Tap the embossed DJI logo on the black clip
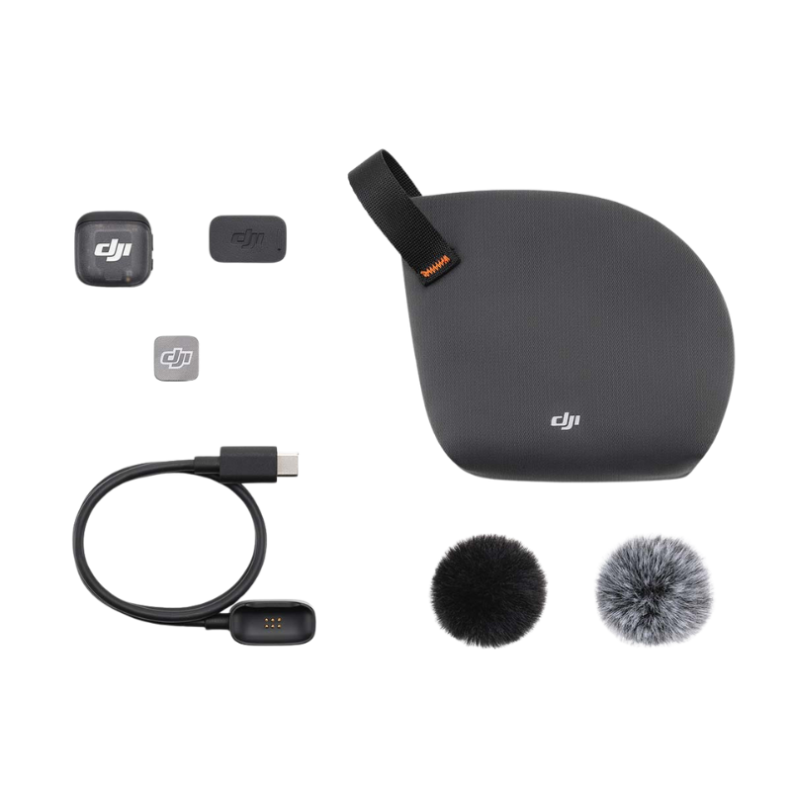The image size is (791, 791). coord(247,237)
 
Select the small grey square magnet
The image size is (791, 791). coord(178,357)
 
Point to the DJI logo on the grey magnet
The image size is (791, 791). coord(178,356)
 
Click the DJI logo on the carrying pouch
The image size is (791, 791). coord(566,422)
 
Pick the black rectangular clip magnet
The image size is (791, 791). coord(248,238)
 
